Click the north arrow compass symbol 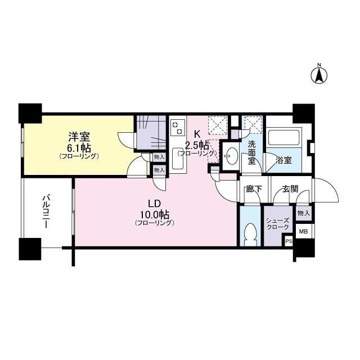pos(319,75)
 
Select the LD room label pos(155,203)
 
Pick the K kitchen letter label pos(197,134)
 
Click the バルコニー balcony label pos(47,211)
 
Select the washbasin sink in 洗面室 pos(231,156)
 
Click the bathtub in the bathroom pos(284,138)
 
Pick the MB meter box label pos(303,231)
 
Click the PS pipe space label pos(289,241)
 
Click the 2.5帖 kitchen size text pos(197,144)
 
